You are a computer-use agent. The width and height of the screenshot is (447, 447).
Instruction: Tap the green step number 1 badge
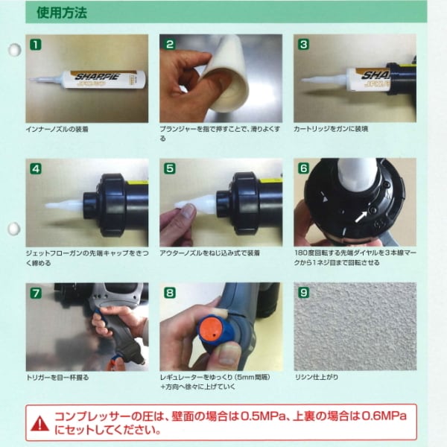(x=36, y=45)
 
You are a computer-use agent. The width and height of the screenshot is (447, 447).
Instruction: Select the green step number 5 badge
(x=170, y=168)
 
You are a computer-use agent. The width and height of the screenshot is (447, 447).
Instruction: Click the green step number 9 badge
(x=304, y=293)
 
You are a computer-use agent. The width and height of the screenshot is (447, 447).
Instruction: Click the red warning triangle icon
(x=40, y=423)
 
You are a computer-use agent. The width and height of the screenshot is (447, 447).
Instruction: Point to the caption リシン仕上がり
(x=317, y=378)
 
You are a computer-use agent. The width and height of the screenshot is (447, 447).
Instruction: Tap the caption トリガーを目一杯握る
(x=58, y=378)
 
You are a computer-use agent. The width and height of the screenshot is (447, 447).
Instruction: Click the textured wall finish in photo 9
(x=355, y=332)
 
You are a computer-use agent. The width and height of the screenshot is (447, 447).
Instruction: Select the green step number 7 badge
(x=36, y=293)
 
